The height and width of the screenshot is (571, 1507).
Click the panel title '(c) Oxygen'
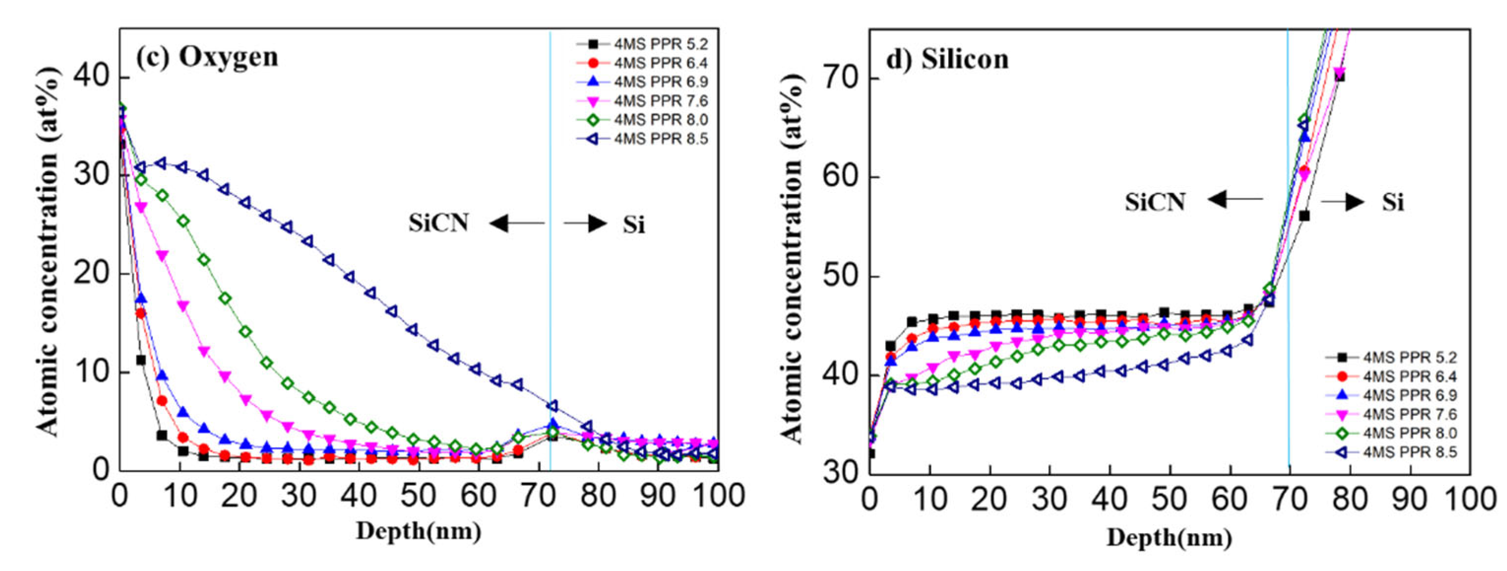pyautogui.click(x=207, y=57)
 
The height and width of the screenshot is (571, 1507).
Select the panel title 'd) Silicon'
pyautogui.click(x=947, y=60)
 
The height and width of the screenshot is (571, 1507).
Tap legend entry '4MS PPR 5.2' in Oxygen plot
pyautogui.click(x=660, y=44)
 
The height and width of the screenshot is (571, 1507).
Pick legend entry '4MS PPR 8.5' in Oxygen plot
pyautogui.click(x=660, y=139)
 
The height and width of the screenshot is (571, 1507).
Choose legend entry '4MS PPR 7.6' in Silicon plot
pyautogui.click(x=1409, y=414)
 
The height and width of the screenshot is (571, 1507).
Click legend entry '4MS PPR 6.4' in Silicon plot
pyautogui.click(x=1409, y=376)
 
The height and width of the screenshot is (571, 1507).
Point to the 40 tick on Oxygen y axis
pyautogui.click(x=93, y=77)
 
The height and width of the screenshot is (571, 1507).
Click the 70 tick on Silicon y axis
pyautogui.click(x=843, y=78)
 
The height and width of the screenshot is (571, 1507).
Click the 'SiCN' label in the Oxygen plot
pyautogui.click(x=439, y=223)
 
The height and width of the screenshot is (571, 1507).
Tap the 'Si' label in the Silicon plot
pyautogui.click(x=1392, y=202)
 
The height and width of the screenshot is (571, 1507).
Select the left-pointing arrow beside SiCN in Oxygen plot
pyautogui.click(x=517, y=223)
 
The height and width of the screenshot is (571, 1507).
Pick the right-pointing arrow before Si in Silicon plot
pyautogui.click(x=1343, y=202)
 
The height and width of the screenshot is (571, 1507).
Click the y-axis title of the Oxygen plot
pyautogui.click(x=48, y=252)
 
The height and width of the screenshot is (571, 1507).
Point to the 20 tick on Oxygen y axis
pyautogui.click(x=93, y=274)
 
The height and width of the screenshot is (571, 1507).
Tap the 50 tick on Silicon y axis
pyautogui.click(x=843, y=276)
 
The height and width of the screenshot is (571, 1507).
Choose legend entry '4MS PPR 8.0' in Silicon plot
pyautogui.click(x=1409, y=433)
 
